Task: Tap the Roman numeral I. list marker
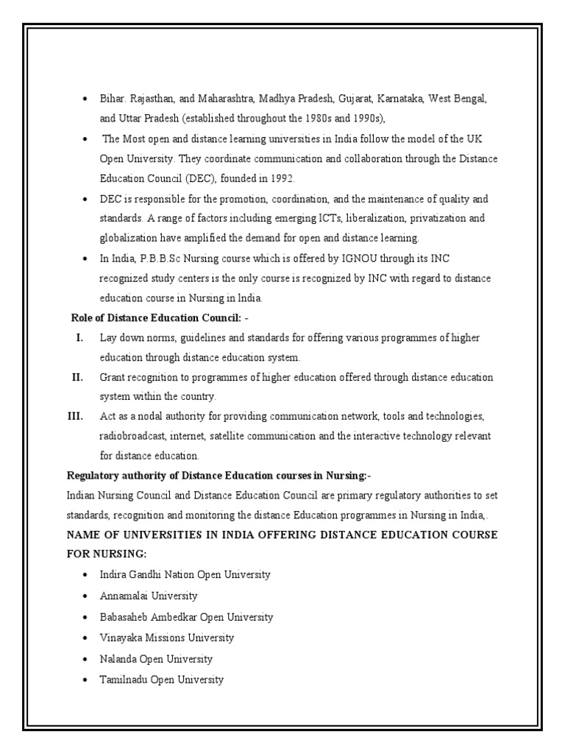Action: click(78, 337)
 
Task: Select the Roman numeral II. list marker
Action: click(77, 377)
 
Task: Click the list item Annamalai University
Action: click(149, 596)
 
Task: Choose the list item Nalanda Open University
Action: click(156, 659)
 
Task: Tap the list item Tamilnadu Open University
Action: click(161, 680)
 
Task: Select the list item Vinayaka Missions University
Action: click(167, 638)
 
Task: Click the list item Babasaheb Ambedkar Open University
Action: click(186, 617)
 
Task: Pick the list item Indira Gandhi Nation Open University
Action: click(185, 574)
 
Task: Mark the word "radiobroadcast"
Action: click(135, 437)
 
